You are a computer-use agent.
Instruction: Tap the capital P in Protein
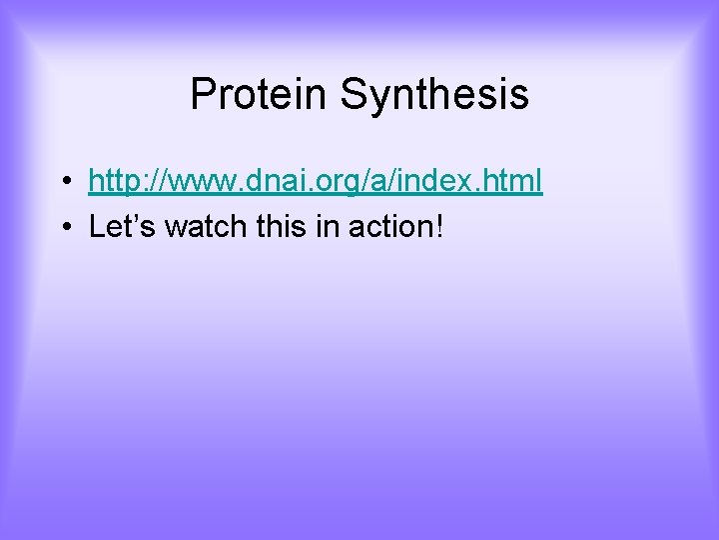[x=202, y=95]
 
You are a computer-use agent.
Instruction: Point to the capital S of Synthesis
[x=353, y=95]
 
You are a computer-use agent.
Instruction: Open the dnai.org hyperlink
[x=316, y=181]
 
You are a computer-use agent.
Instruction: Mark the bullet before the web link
[x=63, y=182]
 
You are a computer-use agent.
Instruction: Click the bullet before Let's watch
[x=63, y=228]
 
